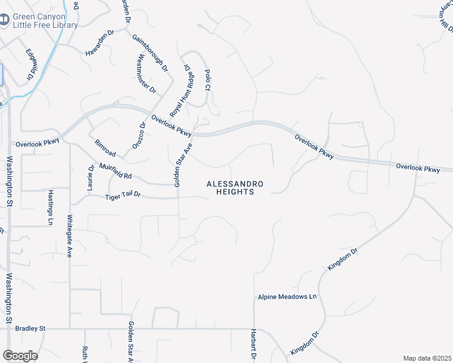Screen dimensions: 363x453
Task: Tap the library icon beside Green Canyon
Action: (x=4, y=21)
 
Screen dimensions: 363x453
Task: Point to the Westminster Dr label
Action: (x=147, y=74)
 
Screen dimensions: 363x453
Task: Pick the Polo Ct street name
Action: (x=207, y=79)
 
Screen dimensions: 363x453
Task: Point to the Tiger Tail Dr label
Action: (x=123, y=195)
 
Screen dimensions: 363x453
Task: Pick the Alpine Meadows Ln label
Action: (x=288, y=297)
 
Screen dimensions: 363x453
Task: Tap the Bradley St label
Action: (x=30, y=329)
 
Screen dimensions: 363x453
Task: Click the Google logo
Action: (x=20, y=356)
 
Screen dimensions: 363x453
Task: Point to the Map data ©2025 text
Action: (x=427, y=358)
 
